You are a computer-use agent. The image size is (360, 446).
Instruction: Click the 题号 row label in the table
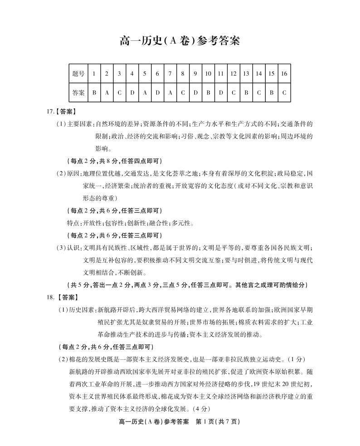(78, 74)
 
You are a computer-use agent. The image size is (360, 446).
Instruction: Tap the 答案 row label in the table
(78, 93)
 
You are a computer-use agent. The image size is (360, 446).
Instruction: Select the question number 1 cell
(94, 74)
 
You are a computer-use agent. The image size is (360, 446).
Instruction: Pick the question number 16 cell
(284, 74)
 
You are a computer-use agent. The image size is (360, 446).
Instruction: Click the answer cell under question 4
(132, 93)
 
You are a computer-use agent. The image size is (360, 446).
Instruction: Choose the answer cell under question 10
(208, 93)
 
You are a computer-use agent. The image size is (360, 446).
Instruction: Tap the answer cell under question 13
(246, 93)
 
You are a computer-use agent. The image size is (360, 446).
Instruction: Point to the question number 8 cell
(183, 74)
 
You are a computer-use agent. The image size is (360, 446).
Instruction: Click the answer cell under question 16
(284, 93)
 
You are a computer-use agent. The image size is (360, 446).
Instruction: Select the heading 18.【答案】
(62, 298)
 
